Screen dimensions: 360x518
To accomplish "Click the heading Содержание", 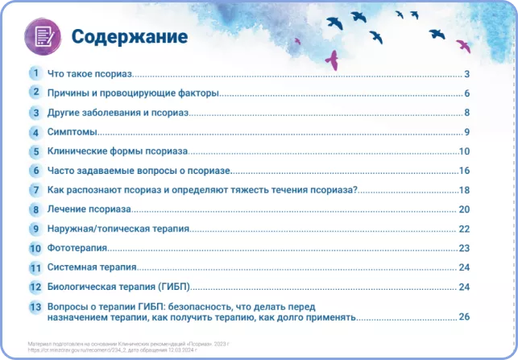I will pyautogui.click(x=129, y=37).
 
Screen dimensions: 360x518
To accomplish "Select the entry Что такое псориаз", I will pyautogui.click(x=90, y=74).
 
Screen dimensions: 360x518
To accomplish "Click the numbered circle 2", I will pyautogui.click(x=35, y=93).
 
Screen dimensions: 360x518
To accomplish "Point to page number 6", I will pyautogui.click(x=466, y=93).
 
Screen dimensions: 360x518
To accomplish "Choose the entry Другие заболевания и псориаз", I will pyautogui.click(x=118, y=113).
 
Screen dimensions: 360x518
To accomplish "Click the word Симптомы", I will pyautogui.click(x=73, y=132).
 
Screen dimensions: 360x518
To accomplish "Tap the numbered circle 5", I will pyautogui.click(x=35, y=151).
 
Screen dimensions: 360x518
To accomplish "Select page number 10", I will pyautogui.click(x=464, y=151).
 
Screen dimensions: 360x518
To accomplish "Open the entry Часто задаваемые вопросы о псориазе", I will pyautogui.click(x=139, y=171).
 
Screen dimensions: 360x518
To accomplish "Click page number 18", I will pyautogui.click(x=464, y=190).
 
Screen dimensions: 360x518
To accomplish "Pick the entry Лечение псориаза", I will pyautogui.click(x=89, y=209).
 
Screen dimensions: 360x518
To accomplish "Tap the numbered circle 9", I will pyautogui.click(x=35, y=229).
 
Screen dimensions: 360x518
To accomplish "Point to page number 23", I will pyautogui.click(x=464, y=248).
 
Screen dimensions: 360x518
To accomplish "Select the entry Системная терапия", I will pyautogui.click(x=92, y=267).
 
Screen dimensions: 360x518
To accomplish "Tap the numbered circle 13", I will pyautogui.click(x=35, y=307).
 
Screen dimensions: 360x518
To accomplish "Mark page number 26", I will pyautogui.click(x=464, y=317).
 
